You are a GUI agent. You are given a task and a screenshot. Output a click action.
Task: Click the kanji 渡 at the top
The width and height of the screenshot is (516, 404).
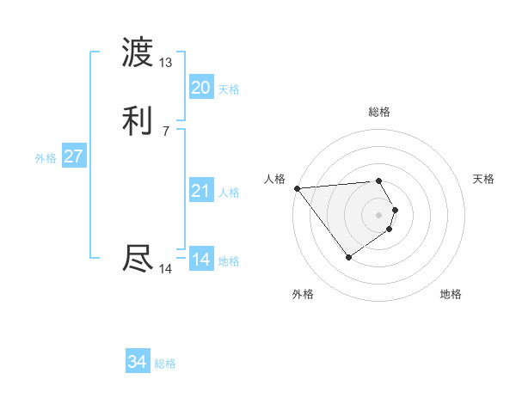(x=138, y=53)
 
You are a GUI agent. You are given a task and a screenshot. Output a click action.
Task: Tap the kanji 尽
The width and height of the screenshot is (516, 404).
(x=138, y=258)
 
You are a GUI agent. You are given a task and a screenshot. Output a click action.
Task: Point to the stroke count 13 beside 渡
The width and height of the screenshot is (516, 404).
(x=165, y=63)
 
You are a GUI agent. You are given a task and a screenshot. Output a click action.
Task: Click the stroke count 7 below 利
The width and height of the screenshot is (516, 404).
(x=165, y=132)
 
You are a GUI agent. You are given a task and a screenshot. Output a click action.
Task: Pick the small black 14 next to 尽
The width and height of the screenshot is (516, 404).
(x=165, y=269)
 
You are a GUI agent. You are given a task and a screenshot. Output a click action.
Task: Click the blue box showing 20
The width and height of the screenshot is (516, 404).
(x=200, y=88)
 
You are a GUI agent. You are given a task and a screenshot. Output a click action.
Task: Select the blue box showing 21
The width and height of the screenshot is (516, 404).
(x=200, y=191)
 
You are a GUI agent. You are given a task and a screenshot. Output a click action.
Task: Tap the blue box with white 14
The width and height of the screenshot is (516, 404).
(x=200, y=260)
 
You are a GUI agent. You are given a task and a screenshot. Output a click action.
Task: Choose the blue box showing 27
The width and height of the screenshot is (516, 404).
(x=73, y=156)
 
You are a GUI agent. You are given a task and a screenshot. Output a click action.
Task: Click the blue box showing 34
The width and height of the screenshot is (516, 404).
(x=137, y=362)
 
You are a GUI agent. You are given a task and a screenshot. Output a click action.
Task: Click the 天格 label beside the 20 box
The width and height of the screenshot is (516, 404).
(x=229, y=89)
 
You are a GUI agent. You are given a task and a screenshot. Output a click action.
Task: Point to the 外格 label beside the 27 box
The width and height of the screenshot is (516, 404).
(x=46, y=158)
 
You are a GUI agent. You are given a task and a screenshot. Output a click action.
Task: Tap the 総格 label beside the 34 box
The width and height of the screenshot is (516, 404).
(x=165, y=364)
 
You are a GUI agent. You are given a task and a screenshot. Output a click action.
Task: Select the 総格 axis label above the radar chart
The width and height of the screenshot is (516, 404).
(x=379, y=112)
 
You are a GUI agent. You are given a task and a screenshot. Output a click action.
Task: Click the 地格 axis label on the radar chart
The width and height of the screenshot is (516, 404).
(x=451, y=295)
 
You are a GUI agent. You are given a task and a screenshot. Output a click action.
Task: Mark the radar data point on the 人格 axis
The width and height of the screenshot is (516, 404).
(x=297, y=187)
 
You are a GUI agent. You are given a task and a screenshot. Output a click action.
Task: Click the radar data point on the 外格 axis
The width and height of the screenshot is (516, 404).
(x=349, y=256)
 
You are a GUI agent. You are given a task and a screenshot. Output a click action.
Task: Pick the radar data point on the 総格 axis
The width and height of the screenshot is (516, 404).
(x=379, y=181)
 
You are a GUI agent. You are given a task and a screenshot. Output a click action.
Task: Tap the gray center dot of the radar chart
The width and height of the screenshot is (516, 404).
(x=379, y=214)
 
